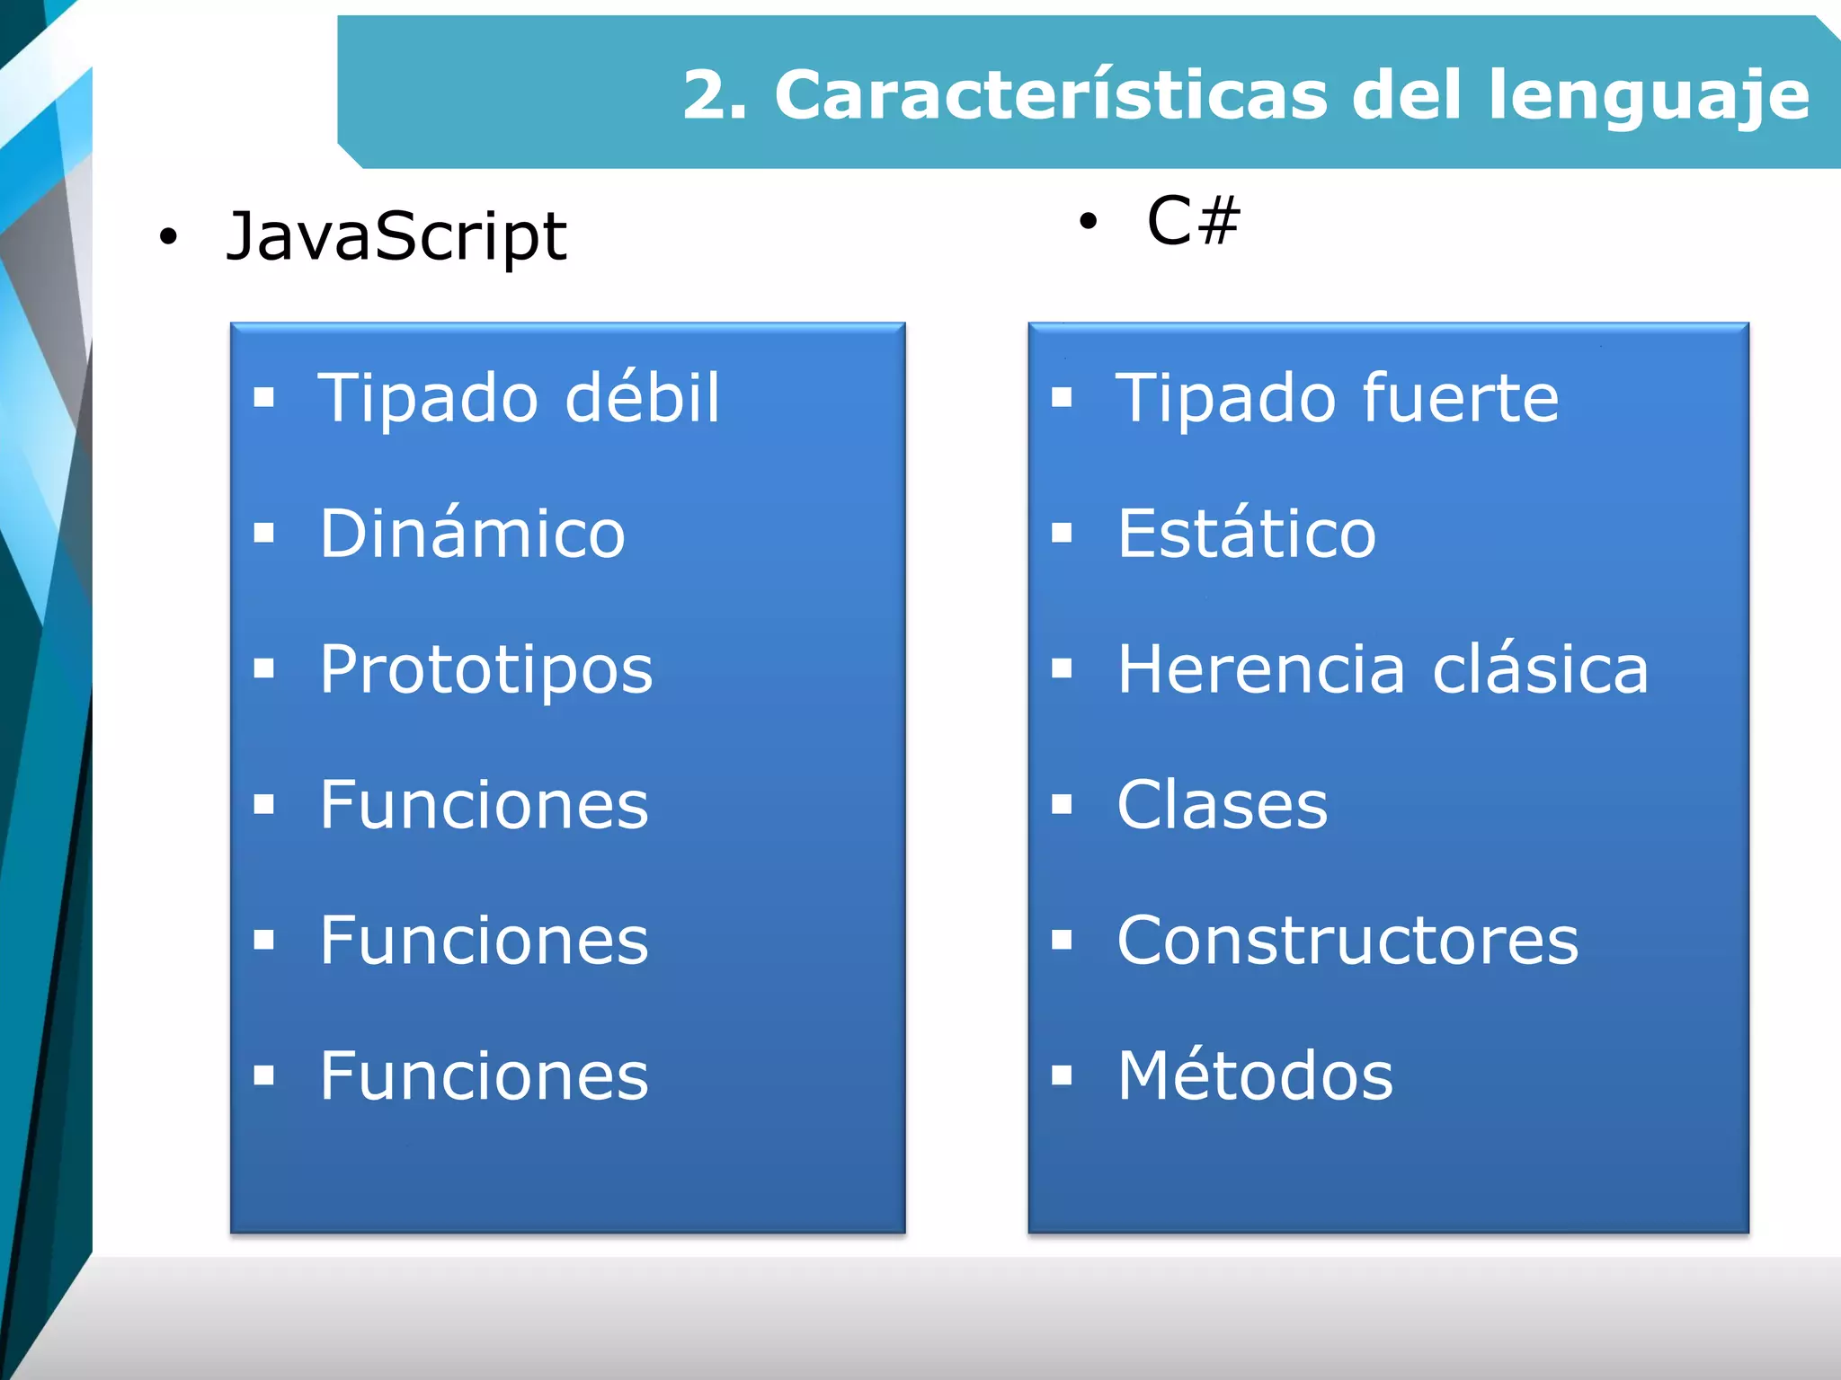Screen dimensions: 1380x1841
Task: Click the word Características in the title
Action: (1050, 95)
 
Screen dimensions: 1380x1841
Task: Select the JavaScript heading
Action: (396, 237)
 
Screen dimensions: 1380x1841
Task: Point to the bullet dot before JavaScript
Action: (168, 238)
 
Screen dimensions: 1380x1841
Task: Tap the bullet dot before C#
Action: (1089, 221)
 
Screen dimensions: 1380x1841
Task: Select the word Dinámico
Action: (472, 534)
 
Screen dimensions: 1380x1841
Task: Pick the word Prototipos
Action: (486, 670)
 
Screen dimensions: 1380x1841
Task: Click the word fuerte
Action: (1461, 397)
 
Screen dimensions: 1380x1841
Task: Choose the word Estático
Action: (1247, 534)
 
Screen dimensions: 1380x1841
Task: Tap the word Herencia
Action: (1260, 670)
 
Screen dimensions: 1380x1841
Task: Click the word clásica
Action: (1541, 670)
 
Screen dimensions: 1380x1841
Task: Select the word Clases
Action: (1222, 805)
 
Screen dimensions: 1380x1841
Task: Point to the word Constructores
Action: (1347, 941)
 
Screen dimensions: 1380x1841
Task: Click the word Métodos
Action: (1255, 1075)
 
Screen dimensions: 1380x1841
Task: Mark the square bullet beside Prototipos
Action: (263, 668)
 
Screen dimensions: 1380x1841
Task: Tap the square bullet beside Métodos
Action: (1062, 1075)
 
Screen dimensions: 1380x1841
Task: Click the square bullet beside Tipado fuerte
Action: (1062, 397)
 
